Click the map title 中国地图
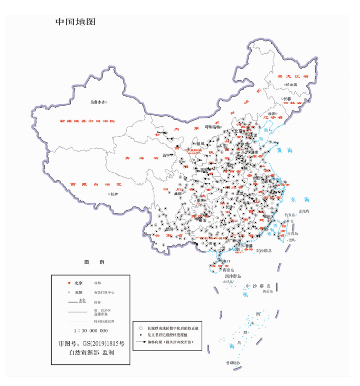pyautogui.click(x=75, y=22)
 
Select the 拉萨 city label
pyautogui.click(x=116, y=194)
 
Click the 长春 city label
pyautogui.click(x=287, y=98)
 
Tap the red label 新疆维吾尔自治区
pyautogui.click(x=87, y=121)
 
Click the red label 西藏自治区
pyautogui.click(x=95, y=184)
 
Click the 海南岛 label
pyautogui.click(x=215, y=269)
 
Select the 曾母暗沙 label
pyautogui.click(x=231, y=363)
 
